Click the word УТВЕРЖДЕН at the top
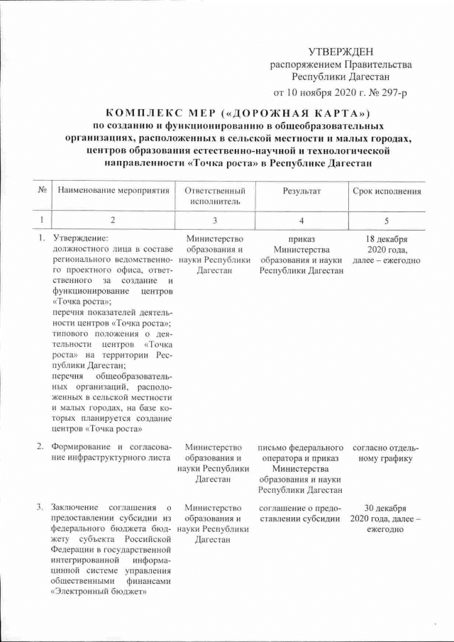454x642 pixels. [341, 52]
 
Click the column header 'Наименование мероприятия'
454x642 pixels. [113, 191]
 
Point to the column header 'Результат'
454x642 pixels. [301, 191]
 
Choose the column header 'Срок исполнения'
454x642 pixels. [387, 191]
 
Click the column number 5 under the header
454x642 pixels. [386, 220]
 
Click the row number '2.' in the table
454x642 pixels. [42, 447]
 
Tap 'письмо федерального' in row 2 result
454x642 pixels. [301, 447]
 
